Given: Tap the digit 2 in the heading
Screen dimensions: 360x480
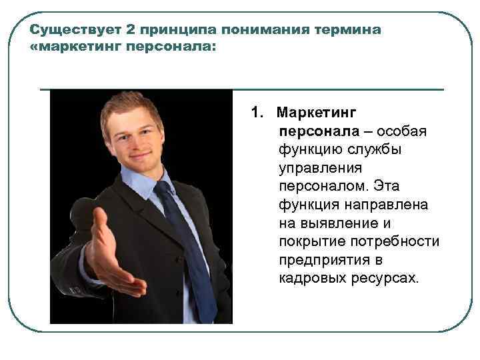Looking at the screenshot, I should (130, 31).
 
